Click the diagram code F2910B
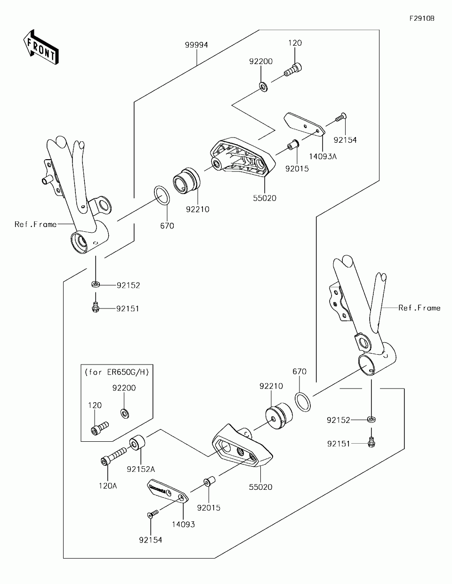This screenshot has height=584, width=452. coord(421,19)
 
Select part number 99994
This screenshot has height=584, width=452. coord(196,45)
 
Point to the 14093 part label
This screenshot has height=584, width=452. coord(183,524)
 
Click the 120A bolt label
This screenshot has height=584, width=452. coord(107,486)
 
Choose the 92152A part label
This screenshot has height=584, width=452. coord(140,469)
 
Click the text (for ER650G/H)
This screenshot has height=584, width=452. coord(117,372)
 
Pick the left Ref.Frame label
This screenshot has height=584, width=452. coord(35,224)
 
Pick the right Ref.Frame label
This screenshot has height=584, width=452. coord(419,308)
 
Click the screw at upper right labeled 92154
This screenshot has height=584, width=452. coord(341,118)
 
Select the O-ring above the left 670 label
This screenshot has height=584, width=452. coord(162,195)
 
